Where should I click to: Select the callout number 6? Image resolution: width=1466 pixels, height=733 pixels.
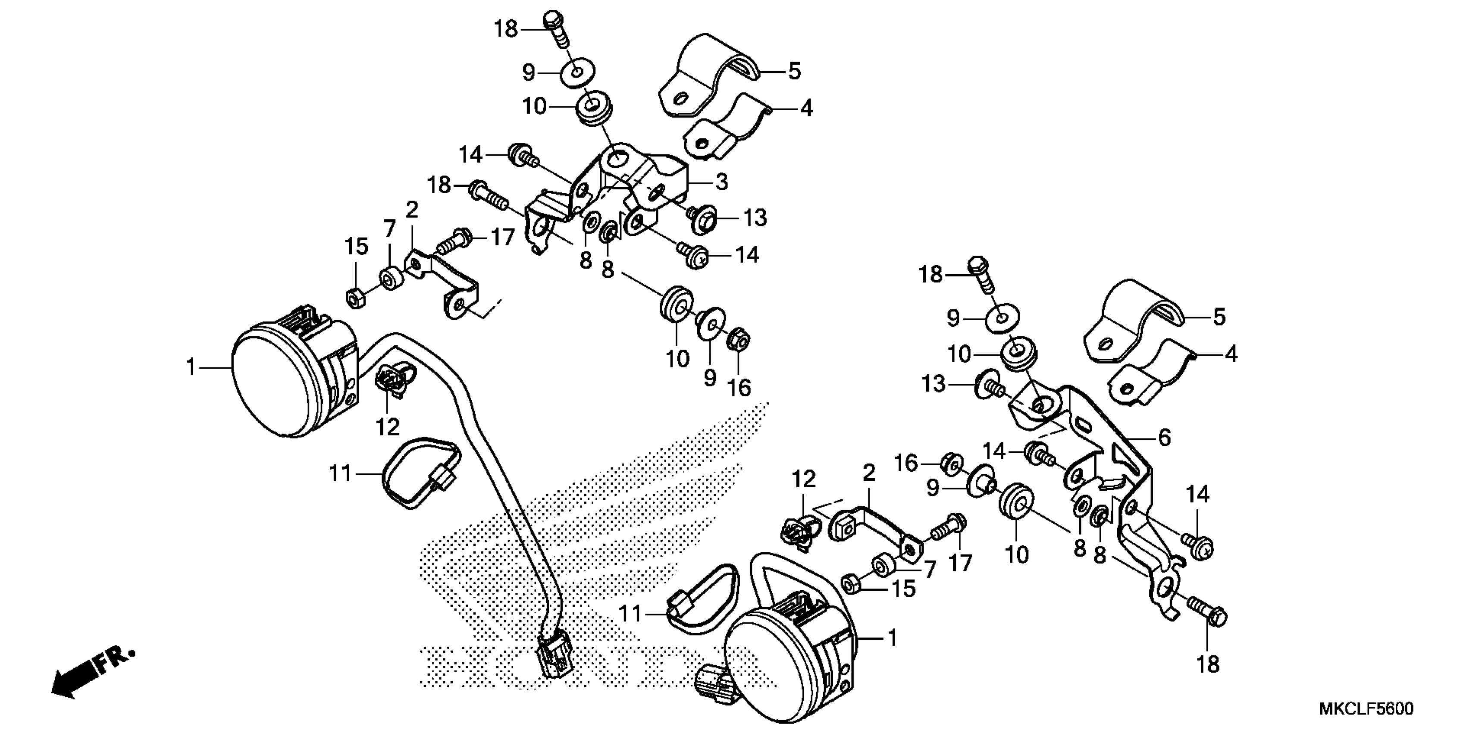pyautogui.click(x=1164, y=438)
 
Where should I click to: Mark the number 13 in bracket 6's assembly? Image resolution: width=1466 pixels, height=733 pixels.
pyautogui.click(x=934, y=385)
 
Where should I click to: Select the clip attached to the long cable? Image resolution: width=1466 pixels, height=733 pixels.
pyautogui.click(x=393, y=380)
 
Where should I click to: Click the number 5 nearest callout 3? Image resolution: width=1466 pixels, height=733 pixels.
pyautogui.click(x=795, y=72)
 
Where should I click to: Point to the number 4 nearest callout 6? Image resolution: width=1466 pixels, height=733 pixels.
pyautogui.click(x=1231, y=354)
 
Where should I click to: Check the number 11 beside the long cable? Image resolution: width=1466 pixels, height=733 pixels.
pyautogui.click(x=340, y=473)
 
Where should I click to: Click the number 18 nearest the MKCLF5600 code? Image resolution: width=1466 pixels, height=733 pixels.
pyautogui.click(x=1208, y=664)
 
